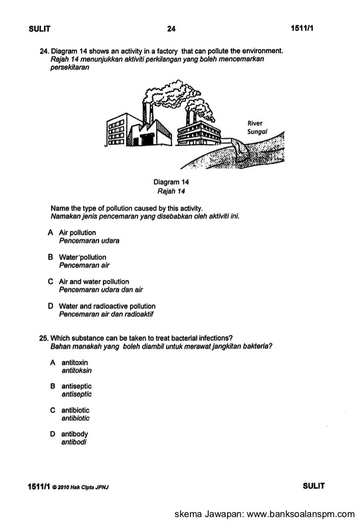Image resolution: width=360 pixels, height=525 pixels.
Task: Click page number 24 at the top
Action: [x=171, y=29]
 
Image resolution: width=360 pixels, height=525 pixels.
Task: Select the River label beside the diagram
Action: [x=256, y=123]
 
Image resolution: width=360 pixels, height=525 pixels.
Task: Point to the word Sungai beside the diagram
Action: [x=257, y=131]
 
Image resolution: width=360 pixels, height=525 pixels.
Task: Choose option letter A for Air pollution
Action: [x=50, y=232]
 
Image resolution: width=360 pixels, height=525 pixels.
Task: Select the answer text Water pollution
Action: [x=83, y=257]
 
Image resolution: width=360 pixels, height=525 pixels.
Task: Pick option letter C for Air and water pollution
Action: [x=50, y=282]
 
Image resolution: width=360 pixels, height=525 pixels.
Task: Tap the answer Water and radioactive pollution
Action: [x=107, y=306]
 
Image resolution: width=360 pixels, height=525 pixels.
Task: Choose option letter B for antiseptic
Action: [x=52, y=386]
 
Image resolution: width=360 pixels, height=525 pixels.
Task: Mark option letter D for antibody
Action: [x=52, y=435]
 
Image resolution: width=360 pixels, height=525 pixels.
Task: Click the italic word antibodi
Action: [x=74, y=442]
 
